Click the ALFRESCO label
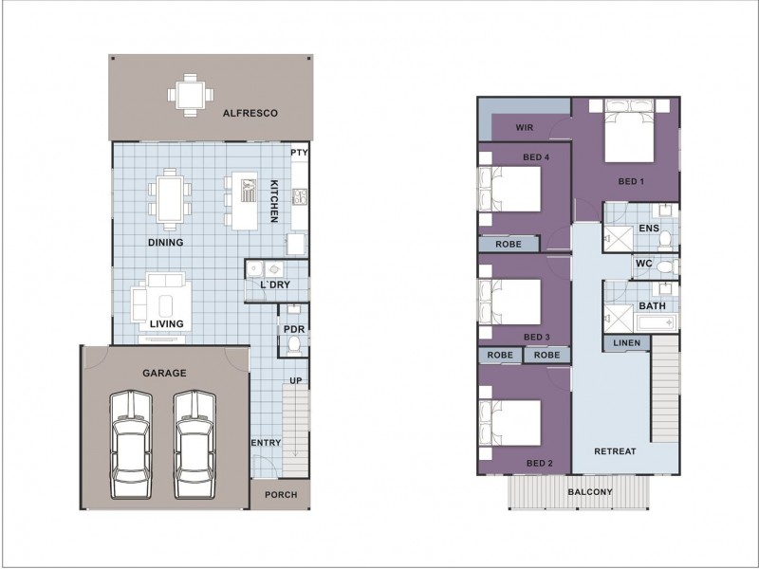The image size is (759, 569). (x=250, y=113)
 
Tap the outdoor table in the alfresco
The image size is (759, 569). (x=191, y=95)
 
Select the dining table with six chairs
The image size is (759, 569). (x=170, y=199)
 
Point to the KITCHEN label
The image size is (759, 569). (x=274, y=201)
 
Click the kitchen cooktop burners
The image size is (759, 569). (x=300, y=196)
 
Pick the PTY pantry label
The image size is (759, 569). (x=299, y=153)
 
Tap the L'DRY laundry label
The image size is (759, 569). (x=275, y=284)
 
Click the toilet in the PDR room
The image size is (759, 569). (x=293, y=345)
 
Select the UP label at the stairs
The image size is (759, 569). (x=296, y=380)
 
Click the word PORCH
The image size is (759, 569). (x=281, y=494)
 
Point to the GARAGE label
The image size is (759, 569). (x=164, y=373)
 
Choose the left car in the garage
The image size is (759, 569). (x=131, y=444)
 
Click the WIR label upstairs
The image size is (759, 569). (x=525, y=128)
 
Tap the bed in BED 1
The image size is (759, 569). (x=629, y=131)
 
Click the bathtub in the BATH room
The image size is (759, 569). (x=657, y=322)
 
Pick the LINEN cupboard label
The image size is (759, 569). (x=627, y=343)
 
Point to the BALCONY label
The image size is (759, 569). (x=590, y=492)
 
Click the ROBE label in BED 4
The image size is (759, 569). (x=509, y=245)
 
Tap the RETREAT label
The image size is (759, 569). (x=615, y=451)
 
